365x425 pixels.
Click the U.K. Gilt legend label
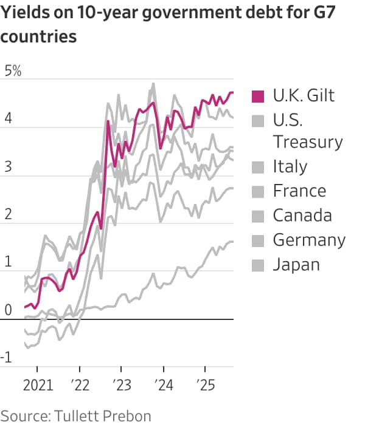click(304, 95)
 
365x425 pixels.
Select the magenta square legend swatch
click(258, 95)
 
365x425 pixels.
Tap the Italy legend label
click(290, 166)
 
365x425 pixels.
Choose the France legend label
click(299, 191)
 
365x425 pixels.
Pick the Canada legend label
click(302, 215)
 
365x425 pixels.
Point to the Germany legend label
click(309, 240)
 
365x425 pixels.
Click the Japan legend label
click(296, 264)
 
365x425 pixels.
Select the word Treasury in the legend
click(308, 141)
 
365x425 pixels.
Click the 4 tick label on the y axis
click(8, 119)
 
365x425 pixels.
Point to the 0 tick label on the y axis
click(8, 310)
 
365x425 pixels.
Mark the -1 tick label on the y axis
click(7, 358)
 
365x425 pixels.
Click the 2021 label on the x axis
click(37, 386)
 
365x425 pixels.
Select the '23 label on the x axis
click(121, 386)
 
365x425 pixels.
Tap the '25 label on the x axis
click(204, 386)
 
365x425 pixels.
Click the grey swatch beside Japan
click(258, 264)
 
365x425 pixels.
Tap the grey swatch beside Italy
click(258, 166)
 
